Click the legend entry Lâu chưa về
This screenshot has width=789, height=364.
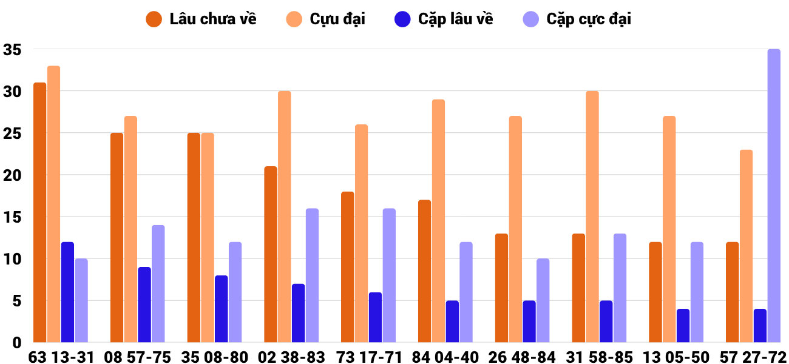point(201,19)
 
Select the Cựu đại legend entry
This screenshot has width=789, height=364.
point(326,19)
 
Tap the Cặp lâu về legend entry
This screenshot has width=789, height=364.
point(444,19)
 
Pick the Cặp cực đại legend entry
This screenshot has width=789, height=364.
point(577,19)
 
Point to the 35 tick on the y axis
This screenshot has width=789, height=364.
point(12,50)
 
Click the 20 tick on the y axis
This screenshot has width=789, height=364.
point(12,175)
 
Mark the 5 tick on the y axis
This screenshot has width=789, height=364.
point(17,301)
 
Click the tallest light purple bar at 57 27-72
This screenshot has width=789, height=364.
point(774,196)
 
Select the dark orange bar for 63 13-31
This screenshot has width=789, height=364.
point(40,212)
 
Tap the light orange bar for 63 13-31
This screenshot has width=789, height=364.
point(53,204)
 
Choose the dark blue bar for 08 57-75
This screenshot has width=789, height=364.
point(144,305)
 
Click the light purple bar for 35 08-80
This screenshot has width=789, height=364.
point(235,292)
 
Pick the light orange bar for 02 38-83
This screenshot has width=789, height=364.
point(285,217)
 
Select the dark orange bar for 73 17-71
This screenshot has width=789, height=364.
point(348,267)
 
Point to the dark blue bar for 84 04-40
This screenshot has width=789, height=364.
point(452,322)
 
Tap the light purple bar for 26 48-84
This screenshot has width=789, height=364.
point(543,301)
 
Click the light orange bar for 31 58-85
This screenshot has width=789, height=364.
point(592,217)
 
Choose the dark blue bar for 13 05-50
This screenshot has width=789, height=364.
point(683,326)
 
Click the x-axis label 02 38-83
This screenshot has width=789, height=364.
point(291,357)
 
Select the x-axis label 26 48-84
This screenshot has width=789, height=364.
point(522,357)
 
